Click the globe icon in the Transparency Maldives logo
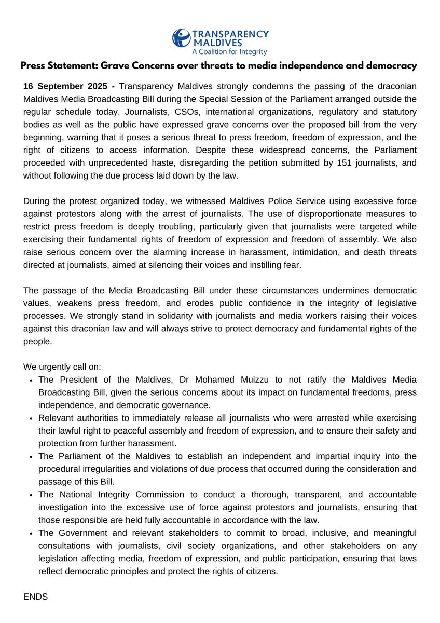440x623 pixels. click(x=181, y=38)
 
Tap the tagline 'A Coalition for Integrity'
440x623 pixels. click(x=229, y=52)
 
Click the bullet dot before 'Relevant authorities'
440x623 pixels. click(x=32, y=418)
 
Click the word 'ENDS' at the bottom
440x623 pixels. click(x=35, y=597)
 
